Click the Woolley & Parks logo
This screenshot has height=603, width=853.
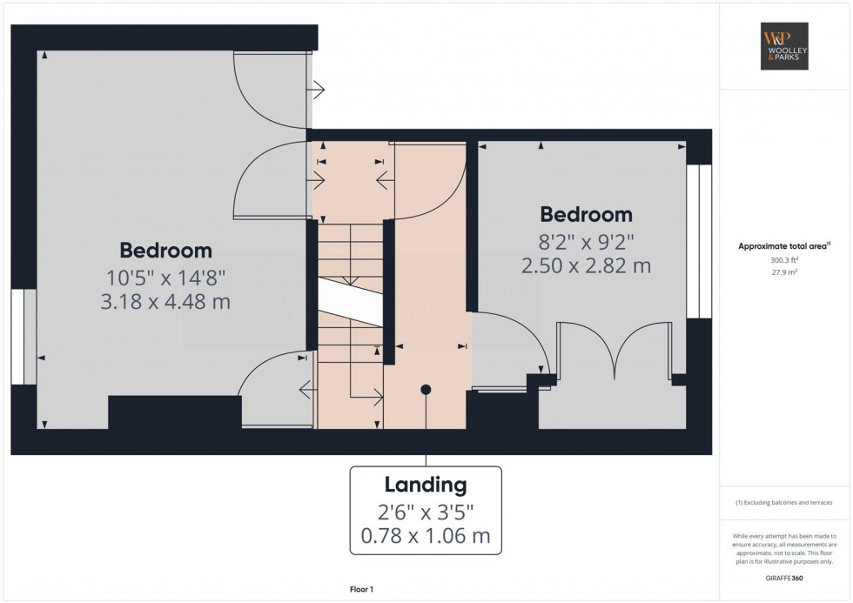tap(784, 46)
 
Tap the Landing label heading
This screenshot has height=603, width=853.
tap(426, 485)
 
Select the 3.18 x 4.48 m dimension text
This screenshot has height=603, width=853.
tap(165, 301)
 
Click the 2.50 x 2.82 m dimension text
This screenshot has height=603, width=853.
tap(586, 266)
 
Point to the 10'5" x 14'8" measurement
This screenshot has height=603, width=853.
tap(165, 278)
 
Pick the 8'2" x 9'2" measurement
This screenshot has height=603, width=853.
tap(586, 241)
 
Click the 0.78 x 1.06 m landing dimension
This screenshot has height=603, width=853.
tap(426, 536)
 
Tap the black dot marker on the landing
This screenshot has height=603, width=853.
tap(426, 389)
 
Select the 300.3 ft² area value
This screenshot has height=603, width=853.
tap(784, 260)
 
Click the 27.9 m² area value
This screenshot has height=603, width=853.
tap(784, 271)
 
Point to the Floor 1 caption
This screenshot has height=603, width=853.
tap(361, 589)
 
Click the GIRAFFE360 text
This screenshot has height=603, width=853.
tap(784, 578)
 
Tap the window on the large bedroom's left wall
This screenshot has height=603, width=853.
tap(24, 337)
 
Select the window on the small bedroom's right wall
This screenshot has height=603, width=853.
tap(699, 241)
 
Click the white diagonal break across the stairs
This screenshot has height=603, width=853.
tap(350, 302)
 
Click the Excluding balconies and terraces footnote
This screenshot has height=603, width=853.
tap(784, 502)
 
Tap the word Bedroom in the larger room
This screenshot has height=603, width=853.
tap(165, 251)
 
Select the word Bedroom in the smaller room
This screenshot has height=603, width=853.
tap(586, 215)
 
